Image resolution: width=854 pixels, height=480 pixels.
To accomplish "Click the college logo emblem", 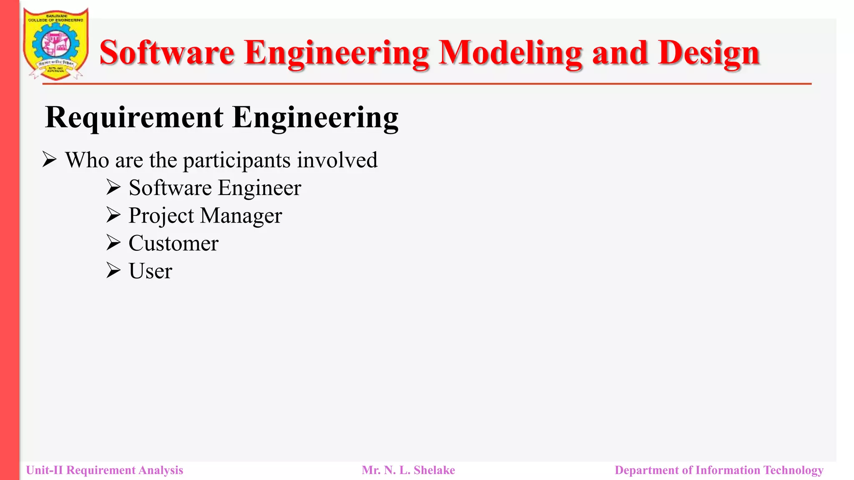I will point(56,44).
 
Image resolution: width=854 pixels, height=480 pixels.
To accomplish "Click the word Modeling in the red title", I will point(510,53).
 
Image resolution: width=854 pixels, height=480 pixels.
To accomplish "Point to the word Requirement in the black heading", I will point(134,117).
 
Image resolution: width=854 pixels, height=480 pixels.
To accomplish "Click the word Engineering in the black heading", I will point(315,118).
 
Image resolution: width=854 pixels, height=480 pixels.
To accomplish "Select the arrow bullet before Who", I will point(50,160).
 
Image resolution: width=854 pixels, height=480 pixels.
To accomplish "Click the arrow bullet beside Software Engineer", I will point(113,187).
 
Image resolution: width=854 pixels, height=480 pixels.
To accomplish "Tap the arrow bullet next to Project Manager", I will point(113,215).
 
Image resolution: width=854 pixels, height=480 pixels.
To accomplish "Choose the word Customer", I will point(173,243).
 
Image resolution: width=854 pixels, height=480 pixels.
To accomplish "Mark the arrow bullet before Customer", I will point(113,242).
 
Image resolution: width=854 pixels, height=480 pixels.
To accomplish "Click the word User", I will point(150,271).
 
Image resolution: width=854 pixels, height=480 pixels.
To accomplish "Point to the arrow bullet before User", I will point(113,270).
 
